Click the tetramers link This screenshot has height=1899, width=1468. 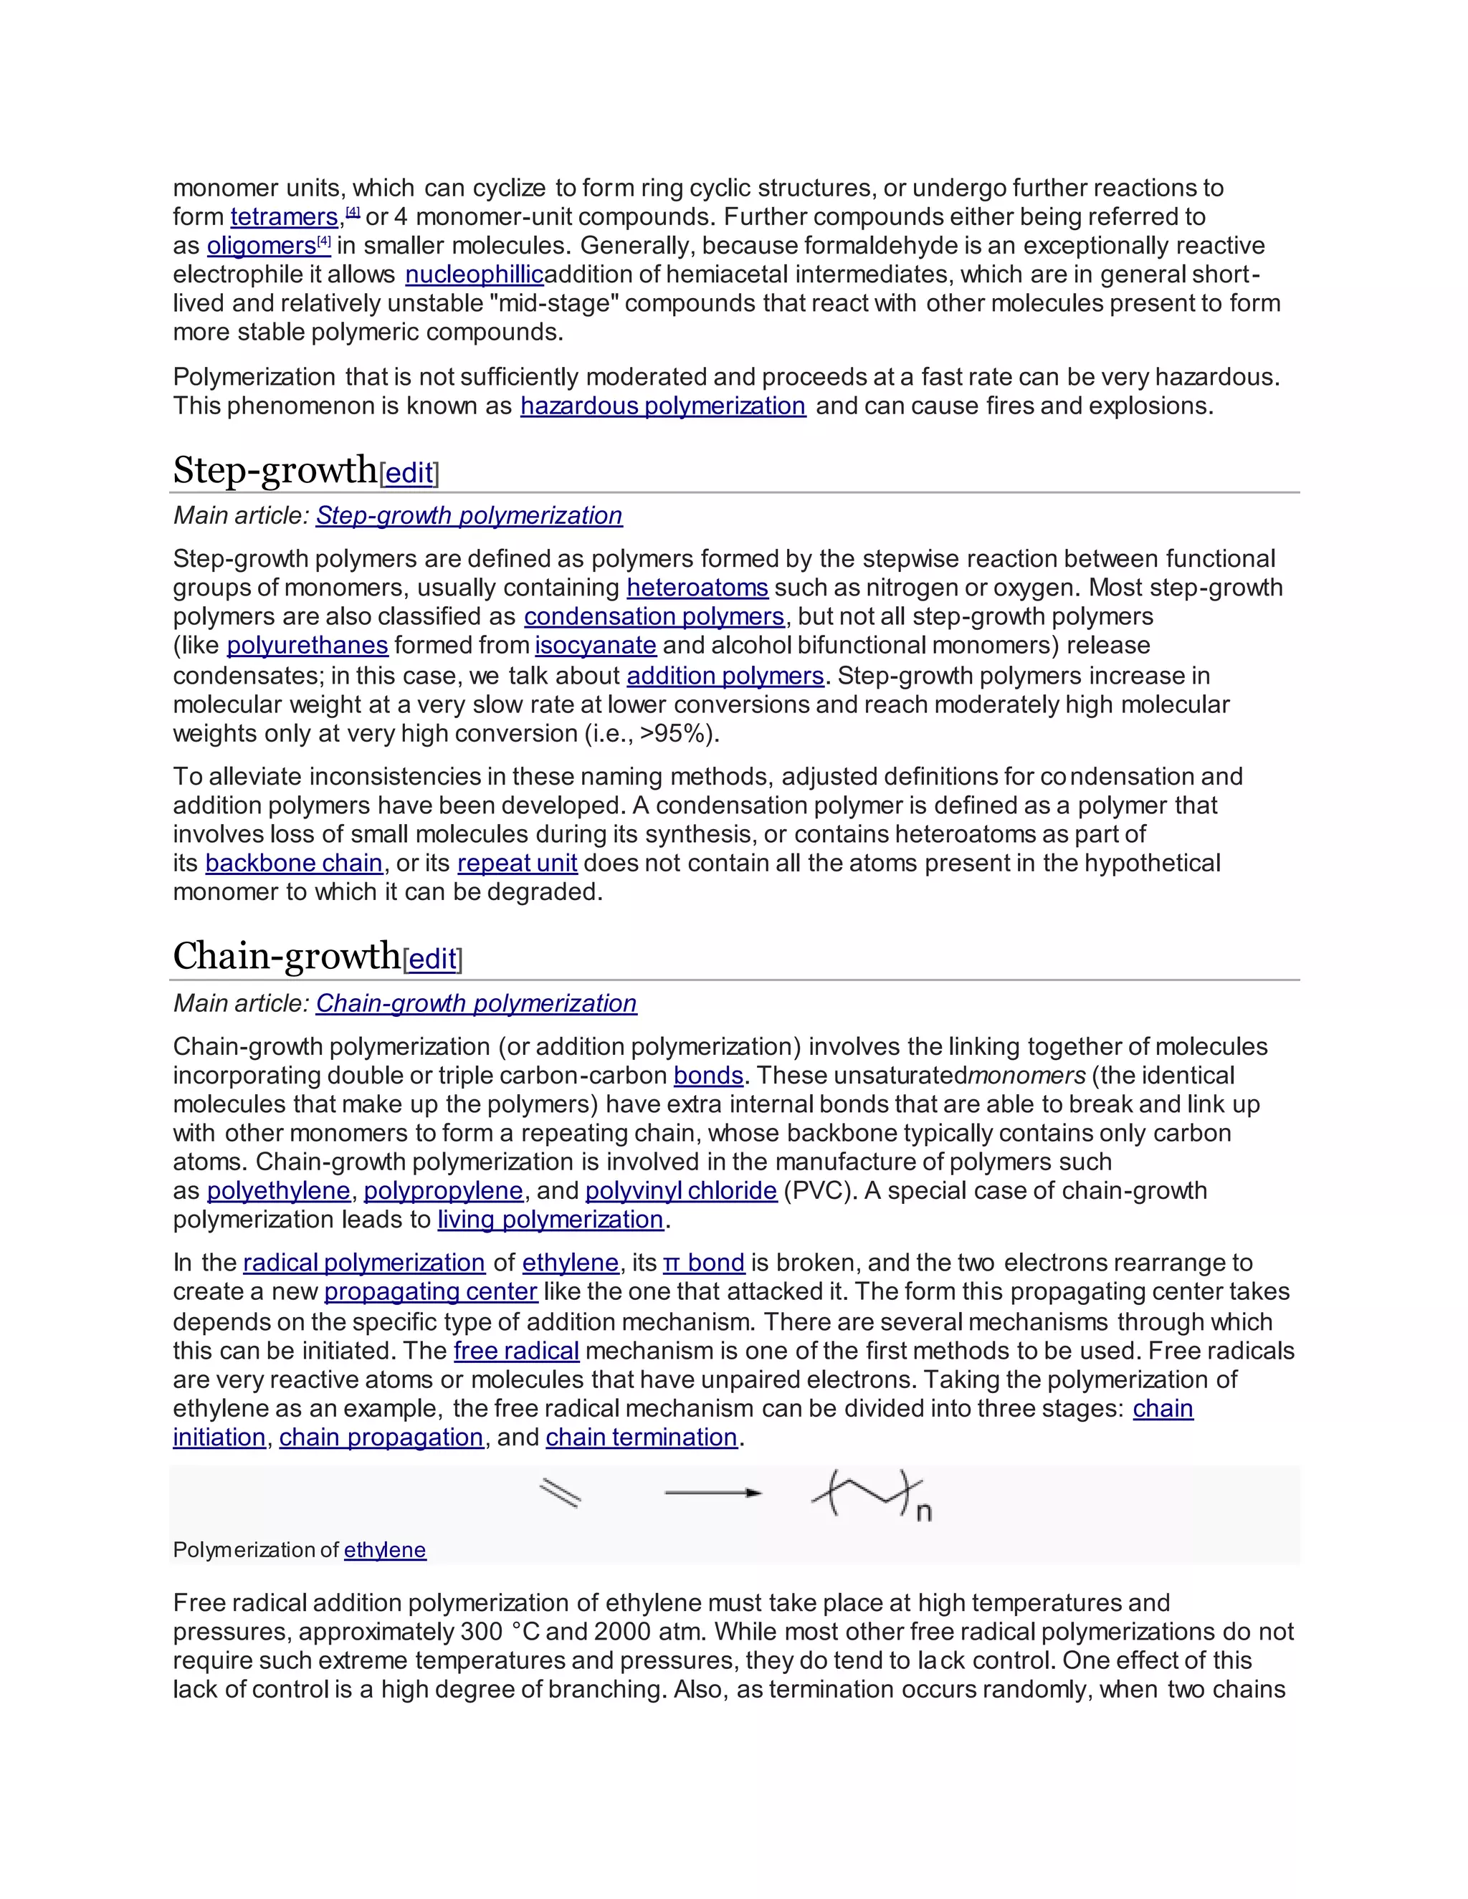(x=284, y=216)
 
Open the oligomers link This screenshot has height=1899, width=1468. (x=261, y=246)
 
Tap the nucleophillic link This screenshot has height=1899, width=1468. (x=474, y=274)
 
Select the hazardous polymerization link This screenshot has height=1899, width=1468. (x=663, y=406)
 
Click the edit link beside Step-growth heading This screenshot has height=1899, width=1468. (x=409, y=474)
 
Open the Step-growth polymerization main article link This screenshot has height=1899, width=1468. (x=469, y=516)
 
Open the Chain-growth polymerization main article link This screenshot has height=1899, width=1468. (x=476, y=1003)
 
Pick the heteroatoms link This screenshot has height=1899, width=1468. (x=697, y=588)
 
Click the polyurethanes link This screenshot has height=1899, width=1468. (x=307, y=645)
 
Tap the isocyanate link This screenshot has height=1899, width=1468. (x=595, y=645)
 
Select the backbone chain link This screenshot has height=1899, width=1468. (x=294, y=864)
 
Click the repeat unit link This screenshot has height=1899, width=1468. (x=517, y=864)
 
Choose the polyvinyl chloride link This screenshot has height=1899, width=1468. (x=681, y=1190)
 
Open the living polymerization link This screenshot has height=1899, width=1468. (x=550, y=1220)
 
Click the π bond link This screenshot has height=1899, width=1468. (x=704, y=1263)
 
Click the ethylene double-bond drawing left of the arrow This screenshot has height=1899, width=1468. (x=560, y=1493)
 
